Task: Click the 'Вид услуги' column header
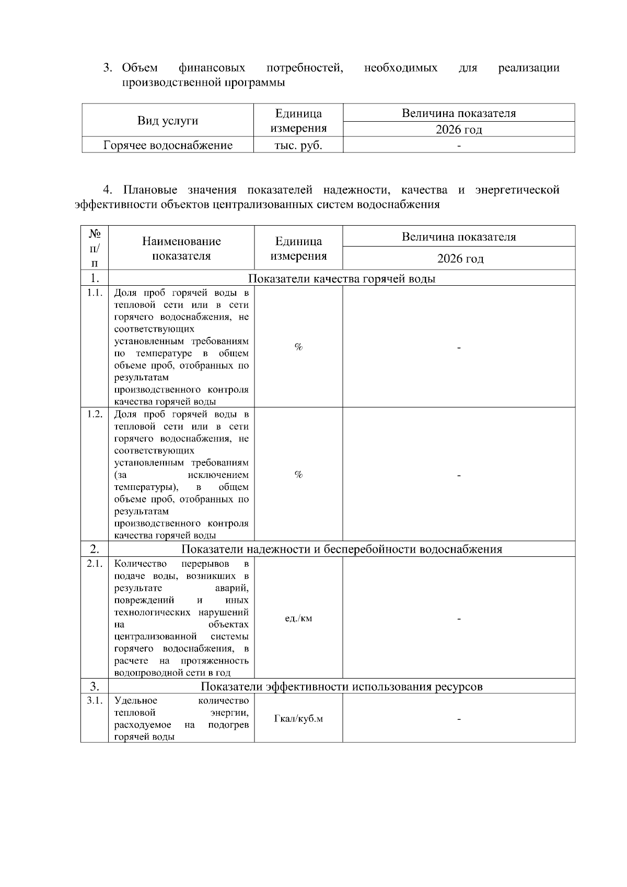168,121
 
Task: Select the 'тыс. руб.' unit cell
298,146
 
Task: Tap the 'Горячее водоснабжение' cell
168,146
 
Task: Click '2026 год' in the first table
459,130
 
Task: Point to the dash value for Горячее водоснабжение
459,146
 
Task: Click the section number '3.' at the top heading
108,68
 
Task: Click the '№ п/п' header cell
95,248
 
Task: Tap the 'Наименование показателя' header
181,249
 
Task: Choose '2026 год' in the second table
460,259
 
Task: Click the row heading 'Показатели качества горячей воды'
342,278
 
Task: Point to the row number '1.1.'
95,293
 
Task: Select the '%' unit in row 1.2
298,474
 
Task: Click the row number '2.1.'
95,564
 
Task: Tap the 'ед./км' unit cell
298,618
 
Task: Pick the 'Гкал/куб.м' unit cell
298,719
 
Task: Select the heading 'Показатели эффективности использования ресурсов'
342,686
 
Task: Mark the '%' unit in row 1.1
298,347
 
